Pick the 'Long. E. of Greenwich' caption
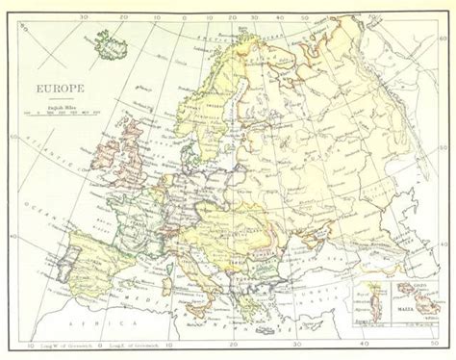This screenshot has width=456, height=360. coord(135,344)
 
